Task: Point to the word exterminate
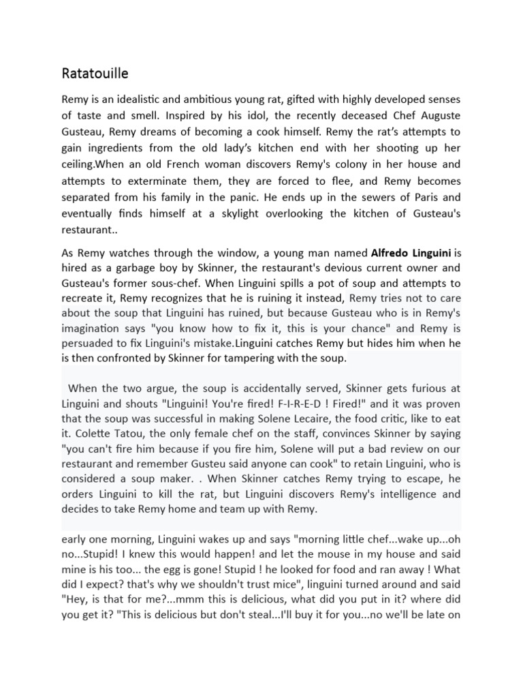161,181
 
